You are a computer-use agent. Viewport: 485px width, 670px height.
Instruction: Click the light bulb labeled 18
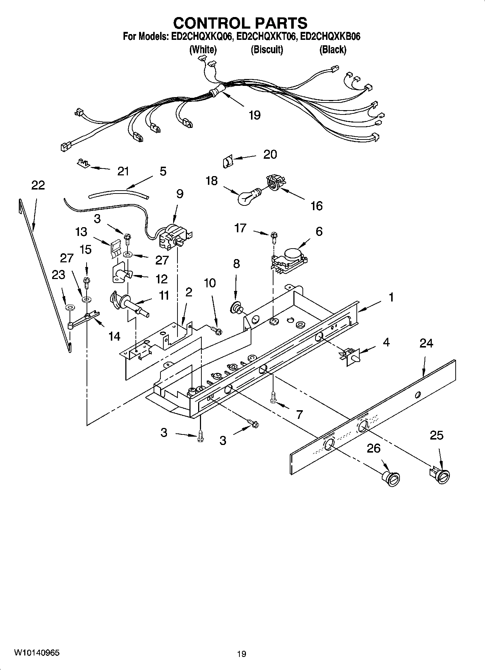(x=246, y=197)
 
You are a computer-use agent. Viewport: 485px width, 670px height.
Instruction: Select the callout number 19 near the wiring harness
(x=255, y=115)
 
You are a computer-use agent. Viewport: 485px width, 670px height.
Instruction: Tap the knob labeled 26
(x=391, y=478)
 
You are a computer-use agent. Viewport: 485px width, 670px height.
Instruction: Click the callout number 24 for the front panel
(x=426, y=343)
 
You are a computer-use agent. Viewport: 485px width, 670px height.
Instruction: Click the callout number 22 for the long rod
(x=38, y=186)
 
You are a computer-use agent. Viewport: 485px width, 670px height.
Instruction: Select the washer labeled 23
(x=69, y=308)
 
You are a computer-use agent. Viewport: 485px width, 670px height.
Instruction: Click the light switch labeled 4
(x=350, y=356)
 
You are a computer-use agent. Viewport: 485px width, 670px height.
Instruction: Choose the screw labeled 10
(x=217, y=330)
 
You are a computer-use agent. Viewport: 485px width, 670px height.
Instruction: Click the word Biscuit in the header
(x=267, y=50)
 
